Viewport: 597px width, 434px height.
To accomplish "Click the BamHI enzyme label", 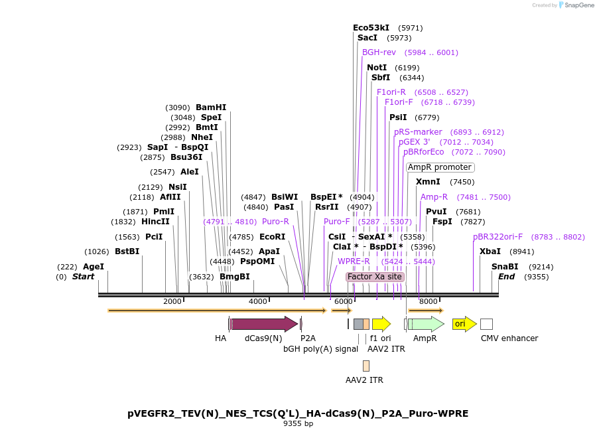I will tap(211, 108).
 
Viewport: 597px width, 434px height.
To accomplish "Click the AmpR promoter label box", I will tap(440, 167).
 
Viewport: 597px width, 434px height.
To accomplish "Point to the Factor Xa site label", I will tap(375, 276).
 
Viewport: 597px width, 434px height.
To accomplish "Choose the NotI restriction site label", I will tap(377, 68).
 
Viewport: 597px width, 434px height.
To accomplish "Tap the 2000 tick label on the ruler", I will tap(172, 302).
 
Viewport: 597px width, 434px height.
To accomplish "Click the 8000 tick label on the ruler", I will tap(429, 302).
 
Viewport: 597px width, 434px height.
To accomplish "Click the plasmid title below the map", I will tap(298, 413).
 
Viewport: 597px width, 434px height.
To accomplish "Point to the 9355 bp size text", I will tap(298, 423).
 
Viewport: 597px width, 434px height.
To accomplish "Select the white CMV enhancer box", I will tap(486, 324).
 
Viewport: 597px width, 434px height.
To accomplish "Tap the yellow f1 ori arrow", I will tap(381, 324).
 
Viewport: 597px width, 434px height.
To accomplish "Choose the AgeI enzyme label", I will tap(94, 267).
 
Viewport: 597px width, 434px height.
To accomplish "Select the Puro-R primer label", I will tap(275, 222).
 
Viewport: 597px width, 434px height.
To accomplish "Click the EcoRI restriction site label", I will tap(272, 237).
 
